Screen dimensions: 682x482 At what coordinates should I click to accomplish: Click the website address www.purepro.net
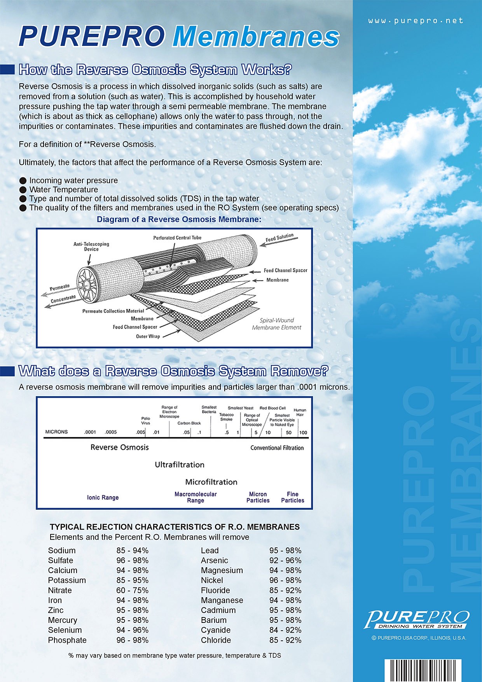click(416, 21)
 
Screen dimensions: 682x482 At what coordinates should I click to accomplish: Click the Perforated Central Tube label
click(177, 238)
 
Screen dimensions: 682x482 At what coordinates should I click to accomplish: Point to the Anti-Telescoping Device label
click(91, 247)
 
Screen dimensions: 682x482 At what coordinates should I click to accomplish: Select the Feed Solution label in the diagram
click(279, 238)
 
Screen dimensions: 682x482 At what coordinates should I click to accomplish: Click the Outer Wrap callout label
click(148, 336)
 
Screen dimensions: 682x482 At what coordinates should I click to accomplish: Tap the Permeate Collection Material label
click(113, 311)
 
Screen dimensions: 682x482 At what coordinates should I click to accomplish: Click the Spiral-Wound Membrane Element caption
click(276, 324)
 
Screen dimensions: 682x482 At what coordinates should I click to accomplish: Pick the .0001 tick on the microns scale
click(90, 432)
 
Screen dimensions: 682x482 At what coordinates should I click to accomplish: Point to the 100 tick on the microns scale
click(303, 432)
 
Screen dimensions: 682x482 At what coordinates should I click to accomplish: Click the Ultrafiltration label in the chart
click(180, 465)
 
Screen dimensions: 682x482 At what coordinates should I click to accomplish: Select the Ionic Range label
click(103, 497)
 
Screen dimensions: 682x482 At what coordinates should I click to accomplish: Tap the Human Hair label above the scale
click(300, 412)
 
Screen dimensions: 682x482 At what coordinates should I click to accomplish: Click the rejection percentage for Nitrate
click(132, 590)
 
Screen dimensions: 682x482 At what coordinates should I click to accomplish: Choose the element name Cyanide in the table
click(216, 630)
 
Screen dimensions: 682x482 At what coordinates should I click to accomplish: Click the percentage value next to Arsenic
click(285, 560)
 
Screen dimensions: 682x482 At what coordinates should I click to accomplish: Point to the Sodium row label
click(62, 551)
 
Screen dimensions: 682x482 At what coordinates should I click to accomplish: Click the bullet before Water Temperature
click(23, 190)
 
